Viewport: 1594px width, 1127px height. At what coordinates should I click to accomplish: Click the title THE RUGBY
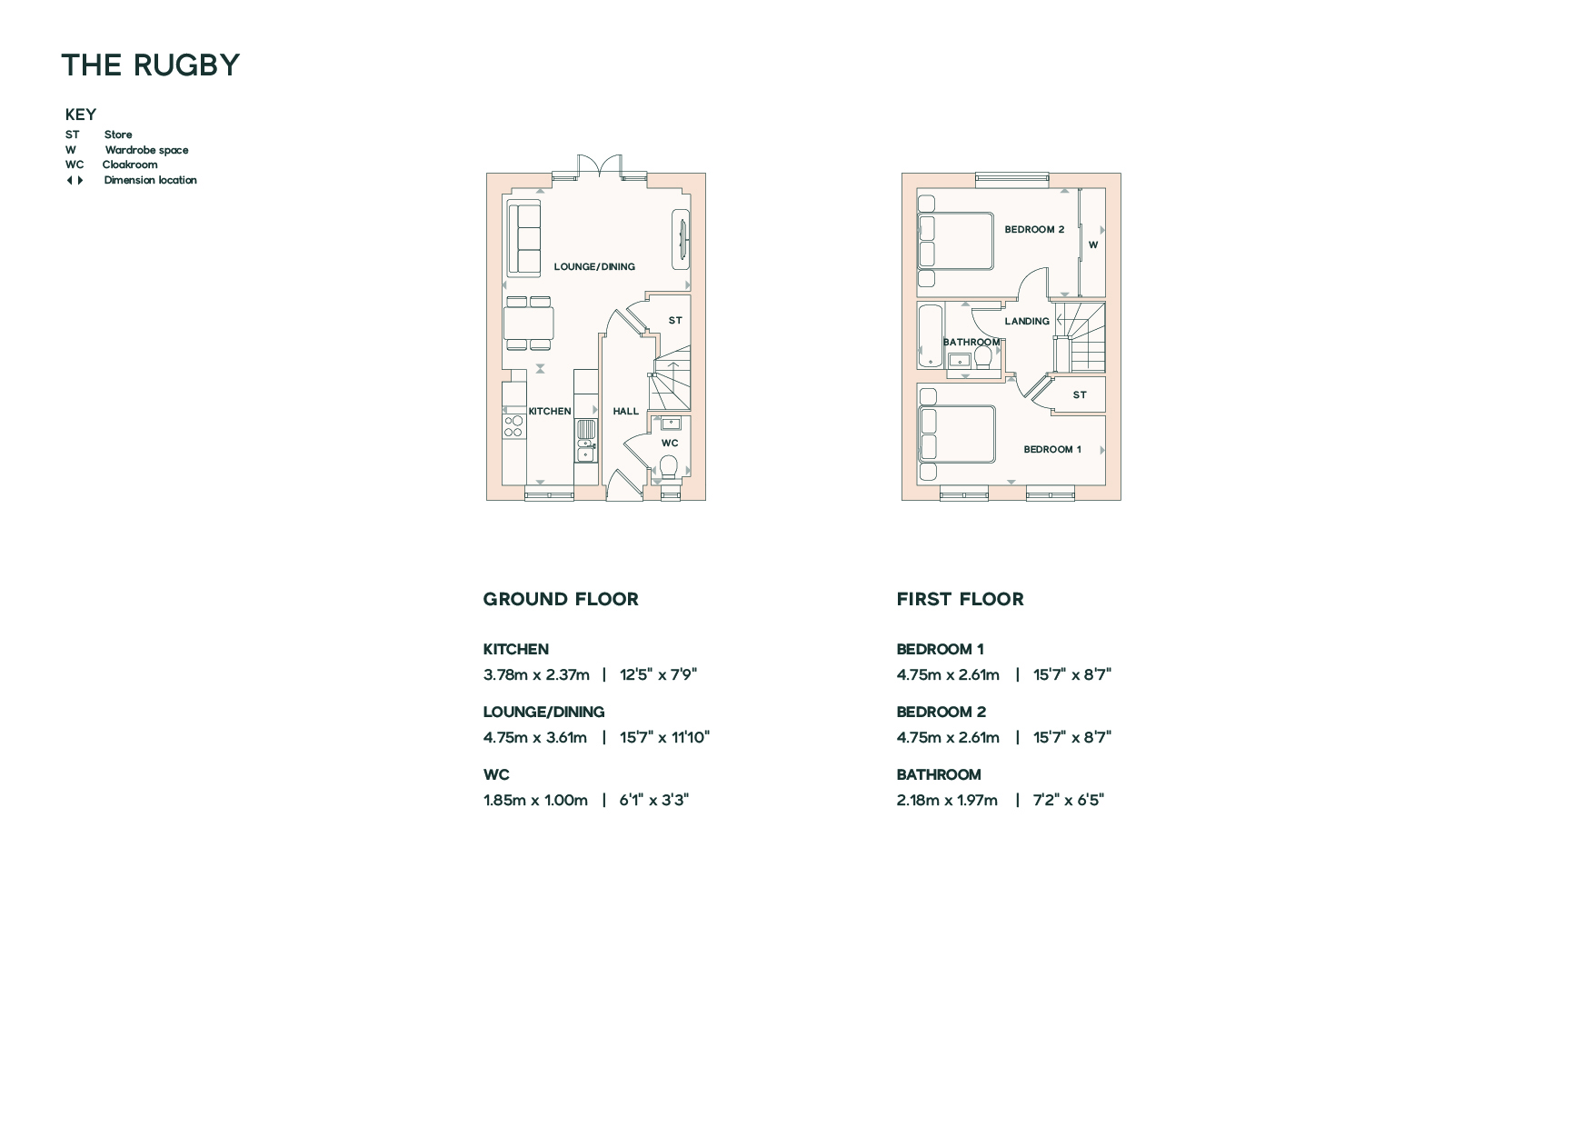(150, 65)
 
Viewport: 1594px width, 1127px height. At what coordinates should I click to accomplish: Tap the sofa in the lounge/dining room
(523, 239)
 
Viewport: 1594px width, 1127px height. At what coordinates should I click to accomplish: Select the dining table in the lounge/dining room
(528, 323)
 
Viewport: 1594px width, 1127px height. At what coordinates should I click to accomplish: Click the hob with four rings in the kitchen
(513, 425)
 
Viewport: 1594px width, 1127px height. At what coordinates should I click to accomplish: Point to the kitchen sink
(586, 442)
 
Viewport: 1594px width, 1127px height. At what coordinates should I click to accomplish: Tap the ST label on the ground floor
(675, 320)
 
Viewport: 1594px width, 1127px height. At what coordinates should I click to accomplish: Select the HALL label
(625, 411)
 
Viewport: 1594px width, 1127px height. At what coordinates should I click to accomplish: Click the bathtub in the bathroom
(931, 336)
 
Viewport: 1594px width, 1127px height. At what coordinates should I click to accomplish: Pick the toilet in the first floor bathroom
(982, 357)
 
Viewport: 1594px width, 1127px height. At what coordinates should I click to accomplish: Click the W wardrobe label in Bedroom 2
(1093, 244)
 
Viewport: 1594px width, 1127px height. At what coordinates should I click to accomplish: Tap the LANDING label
(1027, 321)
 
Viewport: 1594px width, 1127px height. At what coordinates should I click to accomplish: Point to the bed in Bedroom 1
(957, 434)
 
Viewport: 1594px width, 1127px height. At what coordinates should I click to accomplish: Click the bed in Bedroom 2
(955, 241)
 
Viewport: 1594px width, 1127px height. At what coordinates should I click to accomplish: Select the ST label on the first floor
(1080, 394)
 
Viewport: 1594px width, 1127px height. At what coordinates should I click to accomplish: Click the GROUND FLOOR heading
(561, 599)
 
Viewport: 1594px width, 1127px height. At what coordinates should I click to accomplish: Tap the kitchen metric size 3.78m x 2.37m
(536, 674)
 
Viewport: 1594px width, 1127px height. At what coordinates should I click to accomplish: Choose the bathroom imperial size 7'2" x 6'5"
(1069, 800)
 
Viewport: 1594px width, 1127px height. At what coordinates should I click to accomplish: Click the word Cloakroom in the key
(130, 165)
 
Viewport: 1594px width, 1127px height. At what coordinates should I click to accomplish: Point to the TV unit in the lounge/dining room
(681, 240)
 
